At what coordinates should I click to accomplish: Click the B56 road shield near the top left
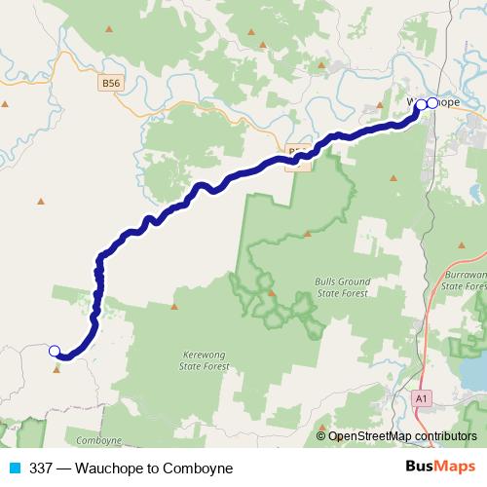coord(111,85)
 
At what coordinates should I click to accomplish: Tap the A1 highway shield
coord(421,398)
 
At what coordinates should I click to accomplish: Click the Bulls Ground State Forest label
coord(341,287)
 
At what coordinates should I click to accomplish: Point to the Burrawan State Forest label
coord(464,281)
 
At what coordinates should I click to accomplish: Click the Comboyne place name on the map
coord(98,440)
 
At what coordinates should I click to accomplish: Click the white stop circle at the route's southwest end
coord(55,351)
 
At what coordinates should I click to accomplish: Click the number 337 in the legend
coord(40,468)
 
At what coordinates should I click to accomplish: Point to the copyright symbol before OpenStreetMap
coord(321,436)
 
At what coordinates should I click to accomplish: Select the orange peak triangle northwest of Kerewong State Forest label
coord(174,306)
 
